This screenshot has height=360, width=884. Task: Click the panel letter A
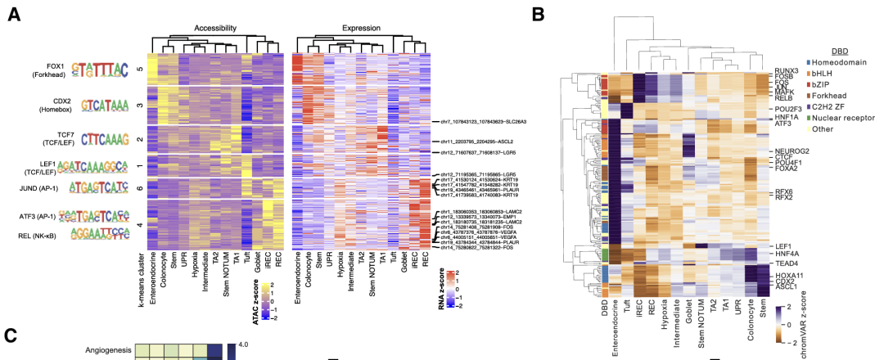pos(14,14)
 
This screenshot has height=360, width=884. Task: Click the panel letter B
pos(536,14)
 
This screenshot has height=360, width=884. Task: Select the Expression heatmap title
pos(361,28)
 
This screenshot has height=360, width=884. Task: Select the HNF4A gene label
pos(785,254)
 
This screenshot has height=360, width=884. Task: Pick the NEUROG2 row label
pos(789,151)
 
